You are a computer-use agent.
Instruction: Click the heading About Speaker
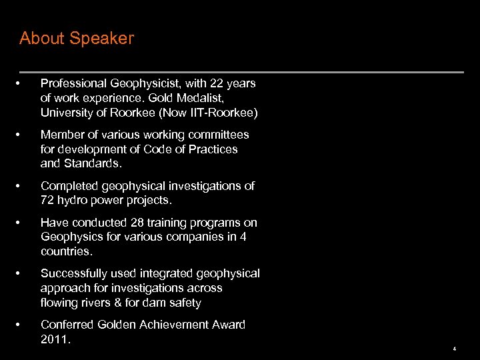click(x=77, y=39)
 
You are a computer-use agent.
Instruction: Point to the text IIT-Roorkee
click(x=224, y=113)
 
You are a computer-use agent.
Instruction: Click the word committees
click(x=219, y=135)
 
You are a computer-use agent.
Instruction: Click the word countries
click(x=66, y=252)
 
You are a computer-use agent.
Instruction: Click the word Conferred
click(x=66, y=325)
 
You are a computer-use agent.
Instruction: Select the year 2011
click(x=54, y=339)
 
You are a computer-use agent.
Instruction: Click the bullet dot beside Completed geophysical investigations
click(x=23, y=186)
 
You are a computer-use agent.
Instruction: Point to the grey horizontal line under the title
click(x=241, y=72)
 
